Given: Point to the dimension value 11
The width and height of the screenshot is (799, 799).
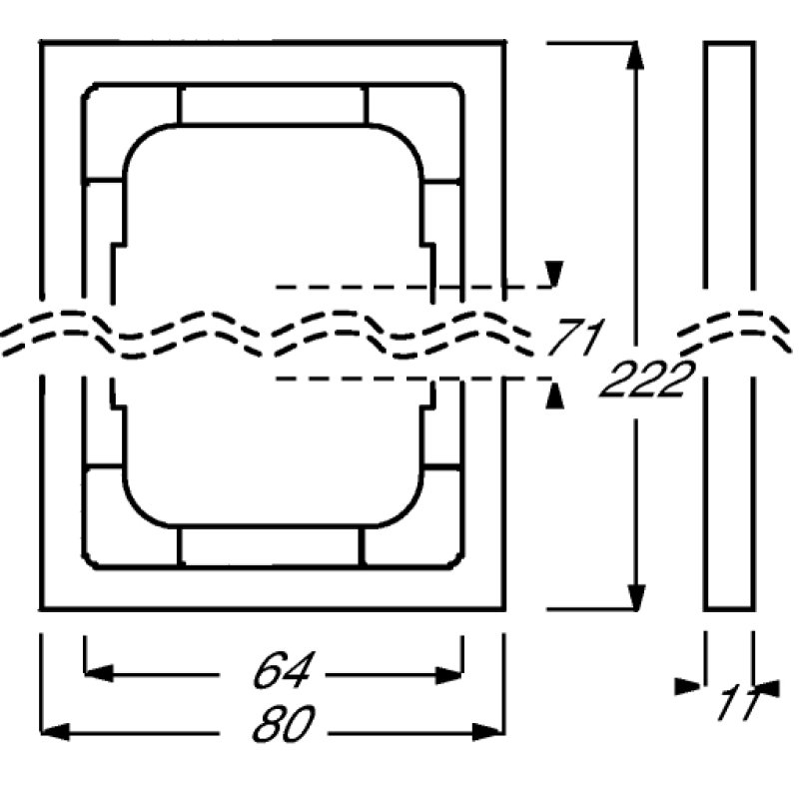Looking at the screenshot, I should pyautogui.click(x=737, y=702).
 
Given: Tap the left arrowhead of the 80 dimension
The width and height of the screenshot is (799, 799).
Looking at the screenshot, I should pyautogui.click(x=54, y=731).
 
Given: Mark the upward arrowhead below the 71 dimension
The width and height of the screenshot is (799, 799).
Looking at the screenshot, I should pyautogui.click(x=555, y=397).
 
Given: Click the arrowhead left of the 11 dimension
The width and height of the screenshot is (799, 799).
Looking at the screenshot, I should pyautogui.click(x=689, y=686).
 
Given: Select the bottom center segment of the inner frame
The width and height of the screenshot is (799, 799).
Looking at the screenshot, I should pyautogui.click(x=272, y=547).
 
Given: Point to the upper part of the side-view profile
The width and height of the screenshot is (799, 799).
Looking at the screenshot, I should pyautogui.click(x=728, y=170).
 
